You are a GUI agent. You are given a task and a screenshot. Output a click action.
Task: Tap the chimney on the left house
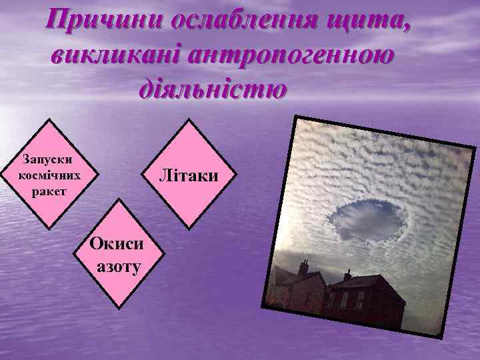coord(303,267)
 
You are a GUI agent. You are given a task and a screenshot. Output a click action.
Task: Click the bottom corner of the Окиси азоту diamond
coord(118,308)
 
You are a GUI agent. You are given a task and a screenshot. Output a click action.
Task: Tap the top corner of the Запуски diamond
coord(50,121)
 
